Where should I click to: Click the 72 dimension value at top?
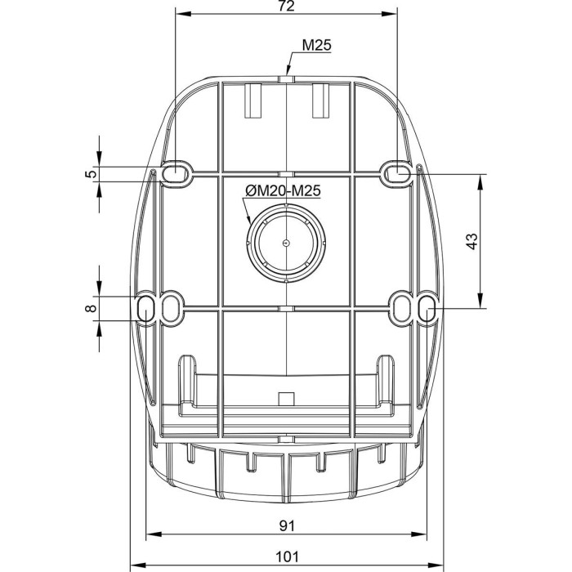pyautogui.click(x=286, y=6)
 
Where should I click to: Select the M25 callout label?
pyautogui.click(x=317, y=45)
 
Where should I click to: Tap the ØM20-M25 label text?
pyautogui.click(x=283, y=190)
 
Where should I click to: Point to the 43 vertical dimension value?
pyautogui.click(x=471, y=241)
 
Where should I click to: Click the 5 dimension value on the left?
pyautogui.click(x=92, y=173)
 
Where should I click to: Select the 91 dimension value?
pyautogui.click(x=287, y=525)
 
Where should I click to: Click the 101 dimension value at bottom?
pyautogui.click(x=287, y=556)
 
